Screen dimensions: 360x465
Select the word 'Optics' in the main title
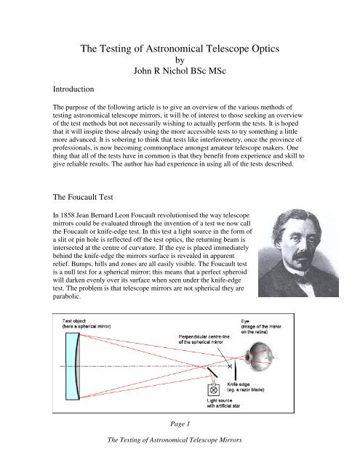tap(260, 49)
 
